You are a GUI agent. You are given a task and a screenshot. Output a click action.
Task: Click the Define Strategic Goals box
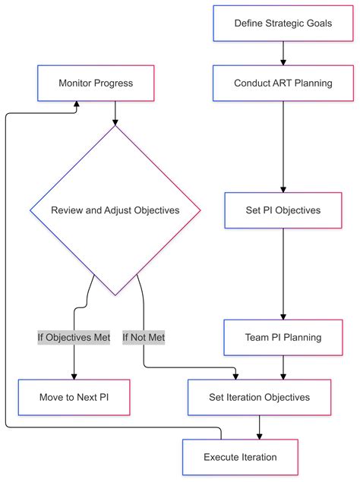point(283,24)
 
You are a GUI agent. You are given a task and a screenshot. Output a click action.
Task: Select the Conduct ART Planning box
point(283,83)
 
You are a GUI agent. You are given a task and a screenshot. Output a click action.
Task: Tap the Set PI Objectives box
point(283,209)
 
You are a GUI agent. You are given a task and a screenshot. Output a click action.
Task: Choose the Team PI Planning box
point(283,337)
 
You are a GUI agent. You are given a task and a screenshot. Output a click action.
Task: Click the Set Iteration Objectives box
point(259,397)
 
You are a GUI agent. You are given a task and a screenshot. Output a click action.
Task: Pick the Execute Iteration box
point(240,457)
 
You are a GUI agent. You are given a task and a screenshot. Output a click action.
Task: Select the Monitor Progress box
point(96,83)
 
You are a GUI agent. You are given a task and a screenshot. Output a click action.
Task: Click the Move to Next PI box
point(74,397)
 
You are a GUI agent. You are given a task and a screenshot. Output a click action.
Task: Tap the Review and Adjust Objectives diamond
point(115,210)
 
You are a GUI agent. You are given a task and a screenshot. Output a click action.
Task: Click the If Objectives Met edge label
point(74,337)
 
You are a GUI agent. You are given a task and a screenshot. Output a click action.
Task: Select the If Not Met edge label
point(144,337)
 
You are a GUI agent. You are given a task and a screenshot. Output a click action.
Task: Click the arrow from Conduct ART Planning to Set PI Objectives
point(283,144)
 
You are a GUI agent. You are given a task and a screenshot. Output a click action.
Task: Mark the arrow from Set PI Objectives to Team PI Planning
point(283,273)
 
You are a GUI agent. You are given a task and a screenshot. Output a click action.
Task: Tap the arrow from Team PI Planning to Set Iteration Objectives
point(283,367)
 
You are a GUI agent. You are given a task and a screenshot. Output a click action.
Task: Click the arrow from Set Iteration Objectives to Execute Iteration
point(259,427)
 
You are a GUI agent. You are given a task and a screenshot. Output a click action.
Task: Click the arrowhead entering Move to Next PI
point(74,374)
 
